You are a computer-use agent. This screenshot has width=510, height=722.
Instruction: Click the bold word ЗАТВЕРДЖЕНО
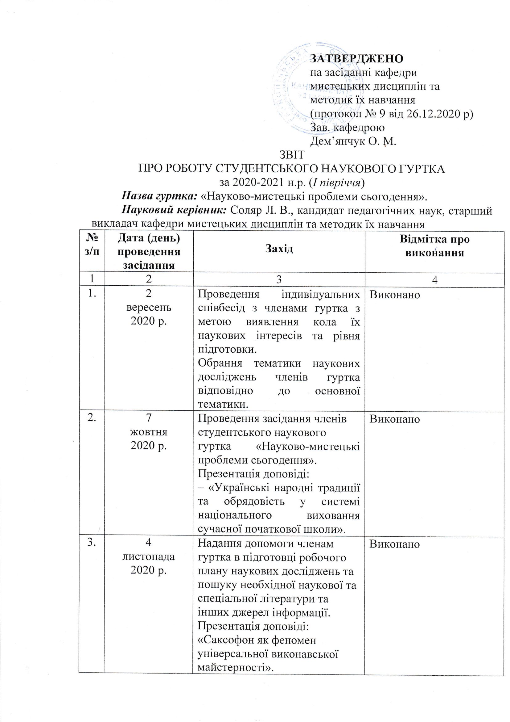click(357, 58)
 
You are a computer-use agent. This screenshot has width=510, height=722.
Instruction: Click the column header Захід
click(279, 249)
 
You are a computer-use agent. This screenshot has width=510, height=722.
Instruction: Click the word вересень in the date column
click(149, 307)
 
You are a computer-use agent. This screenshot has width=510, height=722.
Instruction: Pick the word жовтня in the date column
click(149, 432)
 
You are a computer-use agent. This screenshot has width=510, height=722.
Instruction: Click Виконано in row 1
click(395, 294)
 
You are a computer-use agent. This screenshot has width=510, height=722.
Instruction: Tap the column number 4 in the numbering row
click(435, 280)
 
